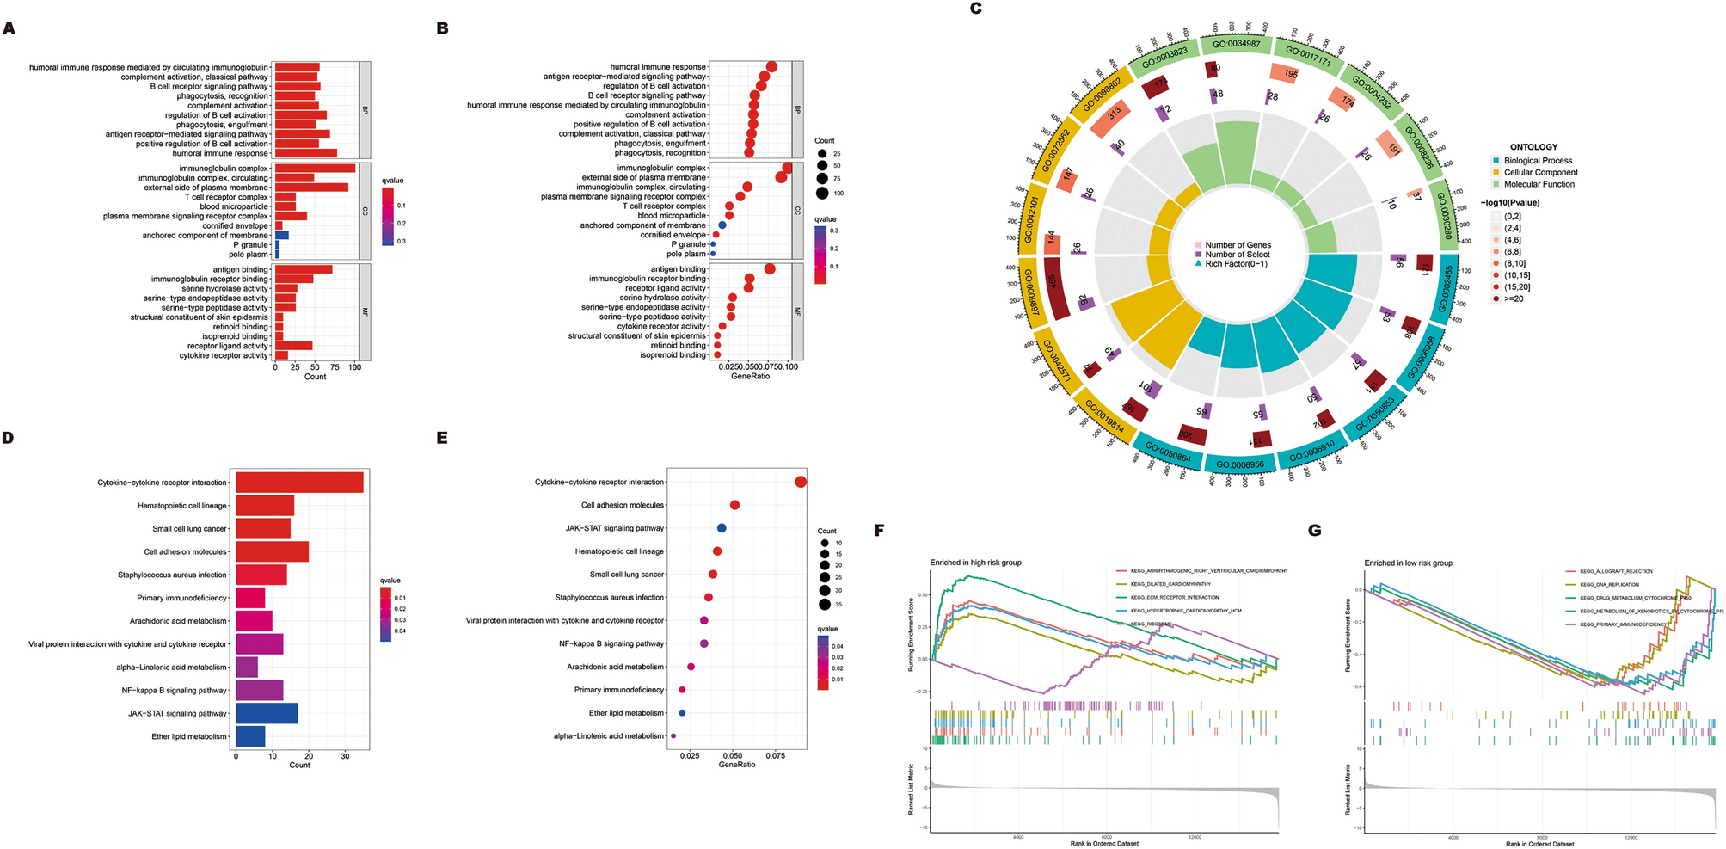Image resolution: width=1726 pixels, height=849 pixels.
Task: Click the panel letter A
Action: tap(9, 28)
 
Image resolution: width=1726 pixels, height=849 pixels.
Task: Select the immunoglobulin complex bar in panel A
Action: tap(315, 169)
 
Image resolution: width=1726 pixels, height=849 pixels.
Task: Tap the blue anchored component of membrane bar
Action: tap(281, 235)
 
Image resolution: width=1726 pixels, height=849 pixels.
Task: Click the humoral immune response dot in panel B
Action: tap(771, 67)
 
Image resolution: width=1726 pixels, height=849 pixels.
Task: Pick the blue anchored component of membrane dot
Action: tap(722, 225)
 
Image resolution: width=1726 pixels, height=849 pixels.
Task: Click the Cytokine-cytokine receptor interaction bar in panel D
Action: tap(299, 483)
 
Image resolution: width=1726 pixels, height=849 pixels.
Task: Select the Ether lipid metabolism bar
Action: tap(250, 736)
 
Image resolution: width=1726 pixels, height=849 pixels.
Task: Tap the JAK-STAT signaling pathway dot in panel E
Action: tap(722, 528)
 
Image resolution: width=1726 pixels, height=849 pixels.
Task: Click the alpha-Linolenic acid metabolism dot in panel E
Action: tap(673, 735)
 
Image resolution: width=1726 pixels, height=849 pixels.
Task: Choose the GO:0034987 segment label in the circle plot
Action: tap(1236, 44)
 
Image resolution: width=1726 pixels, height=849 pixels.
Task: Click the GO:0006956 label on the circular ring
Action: tap(1239, 464)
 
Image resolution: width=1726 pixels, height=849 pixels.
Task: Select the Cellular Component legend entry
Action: tap(1540, 172)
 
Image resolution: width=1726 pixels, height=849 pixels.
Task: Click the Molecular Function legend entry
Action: tap(1539, 184)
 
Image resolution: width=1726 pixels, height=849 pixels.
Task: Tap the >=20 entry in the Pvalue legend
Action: tap(1513, 298)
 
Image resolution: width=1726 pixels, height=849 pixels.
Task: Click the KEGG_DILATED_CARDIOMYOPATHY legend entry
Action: tap(1170, 584)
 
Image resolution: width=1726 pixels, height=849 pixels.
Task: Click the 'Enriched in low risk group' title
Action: tap(1408, 563)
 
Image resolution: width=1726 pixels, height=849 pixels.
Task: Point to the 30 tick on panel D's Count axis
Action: tap(345, 757)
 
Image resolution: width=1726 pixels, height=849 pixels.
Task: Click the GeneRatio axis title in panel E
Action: tap(736, 764)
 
